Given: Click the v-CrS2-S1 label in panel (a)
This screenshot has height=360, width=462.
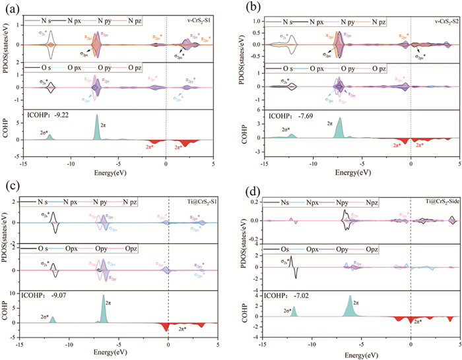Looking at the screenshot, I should pyautogui.click(x=195, y=23).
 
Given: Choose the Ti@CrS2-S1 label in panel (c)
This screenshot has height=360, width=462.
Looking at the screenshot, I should pyautogui.click(x=195, y=201).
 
